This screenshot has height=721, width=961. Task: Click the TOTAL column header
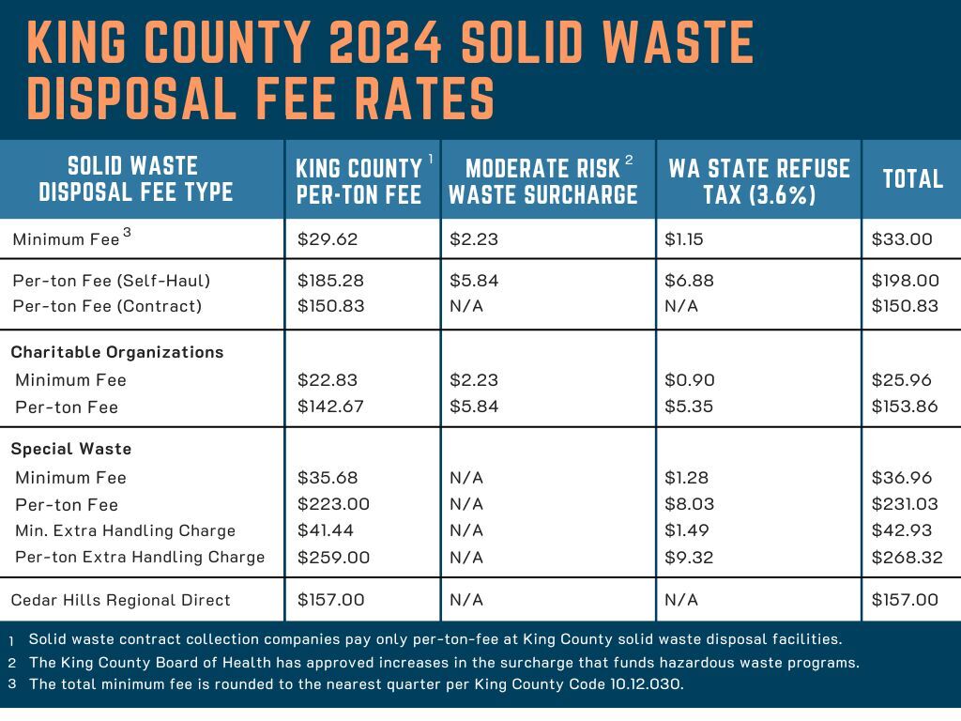912,178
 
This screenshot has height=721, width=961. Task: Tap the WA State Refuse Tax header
758,181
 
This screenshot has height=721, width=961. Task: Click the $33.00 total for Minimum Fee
902,239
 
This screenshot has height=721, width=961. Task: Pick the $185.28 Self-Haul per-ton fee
330,280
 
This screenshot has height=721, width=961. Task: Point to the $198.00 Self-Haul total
906,280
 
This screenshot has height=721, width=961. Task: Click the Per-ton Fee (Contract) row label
107,306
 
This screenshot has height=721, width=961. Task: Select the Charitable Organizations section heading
117,352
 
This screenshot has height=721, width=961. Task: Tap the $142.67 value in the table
330,407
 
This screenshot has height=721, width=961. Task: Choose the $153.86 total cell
906,407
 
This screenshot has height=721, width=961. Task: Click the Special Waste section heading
71,449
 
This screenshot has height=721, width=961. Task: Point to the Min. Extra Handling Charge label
125,530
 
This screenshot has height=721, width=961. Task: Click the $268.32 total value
907,557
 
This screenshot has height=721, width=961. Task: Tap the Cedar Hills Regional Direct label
120,600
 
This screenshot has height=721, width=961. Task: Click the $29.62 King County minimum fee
328,239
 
